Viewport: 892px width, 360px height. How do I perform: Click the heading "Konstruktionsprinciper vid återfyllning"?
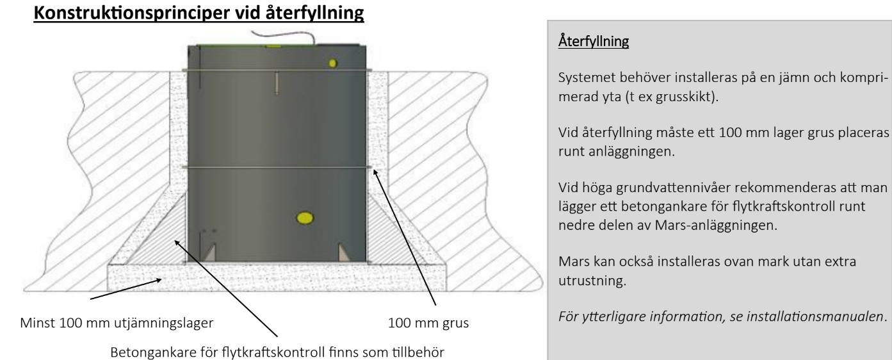click(x=200, y=12)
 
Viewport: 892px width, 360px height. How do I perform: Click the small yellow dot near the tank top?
click(x=332, y=62)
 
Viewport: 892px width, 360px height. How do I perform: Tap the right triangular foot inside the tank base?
click(x=345, y=252)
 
